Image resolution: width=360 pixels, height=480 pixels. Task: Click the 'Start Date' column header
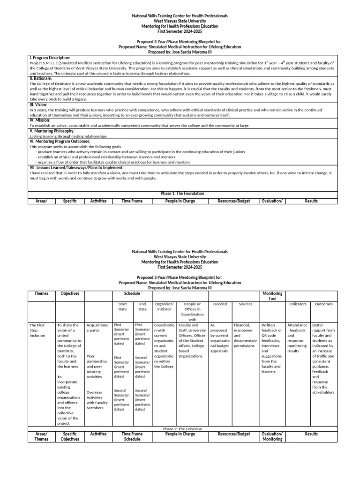pyautogui.click(x=122, y=307)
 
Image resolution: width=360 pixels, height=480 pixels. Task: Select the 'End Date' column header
pyautogui.click(x=142, y=307)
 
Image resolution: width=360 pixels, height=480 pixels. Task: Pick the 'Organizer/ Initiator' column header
pyautogui.click(x=164, y=307)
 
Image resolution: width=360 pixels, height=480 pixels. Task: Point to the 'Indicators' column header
pyautogui.click(x=298, y=304)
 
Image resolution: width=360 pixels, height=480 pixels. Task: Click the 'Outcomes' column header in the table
pyautogui.click(x=323, y=304)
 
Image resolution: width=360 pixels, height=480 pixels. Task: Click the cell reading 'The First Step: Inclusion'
pyautogui.click(x=37, y=330)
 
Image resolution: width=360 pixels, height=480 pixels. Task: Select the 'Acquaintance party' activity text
pyautogui.click(x=97, y=328)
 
